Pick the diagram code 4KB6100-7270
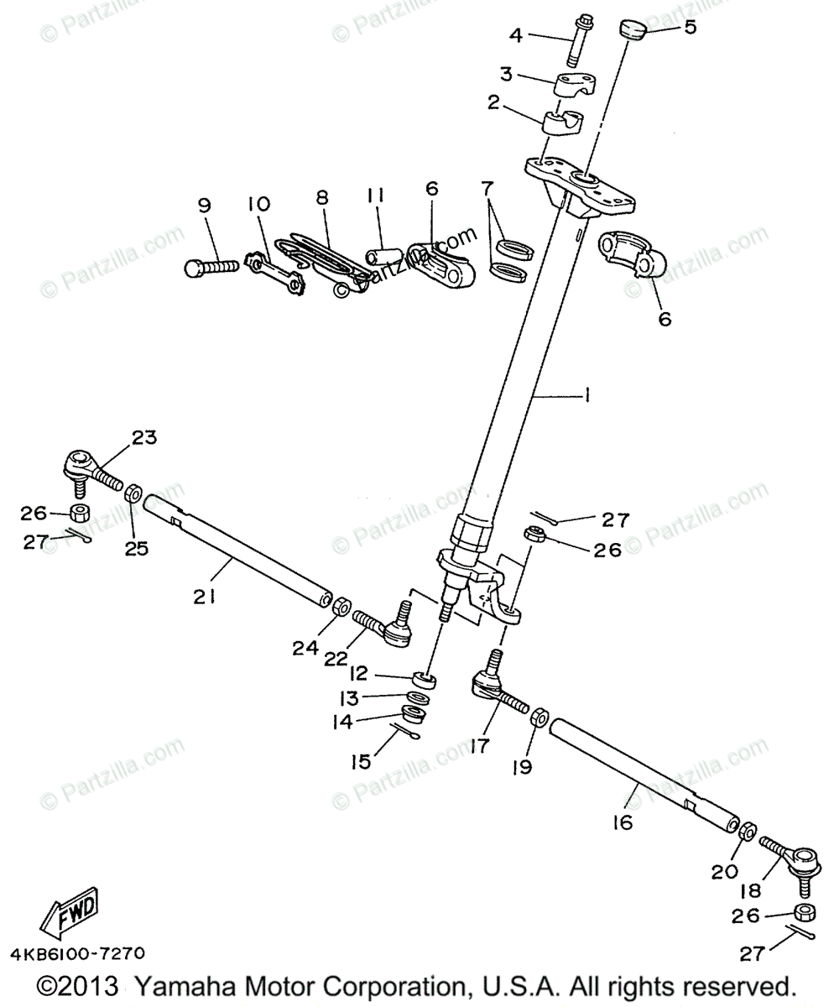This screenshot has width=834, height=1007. pos(77,954)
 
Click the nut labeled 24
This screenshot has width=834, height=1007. pos(341,606)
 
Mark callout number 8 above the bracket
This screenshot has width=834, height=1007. pos(321,198)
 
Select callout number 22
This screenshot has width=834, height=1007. pos(336,659)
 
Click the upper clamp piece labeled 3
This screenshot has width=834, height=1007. pos(575,86)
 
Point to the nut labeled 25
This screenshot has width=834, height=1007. pos(133,492)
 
